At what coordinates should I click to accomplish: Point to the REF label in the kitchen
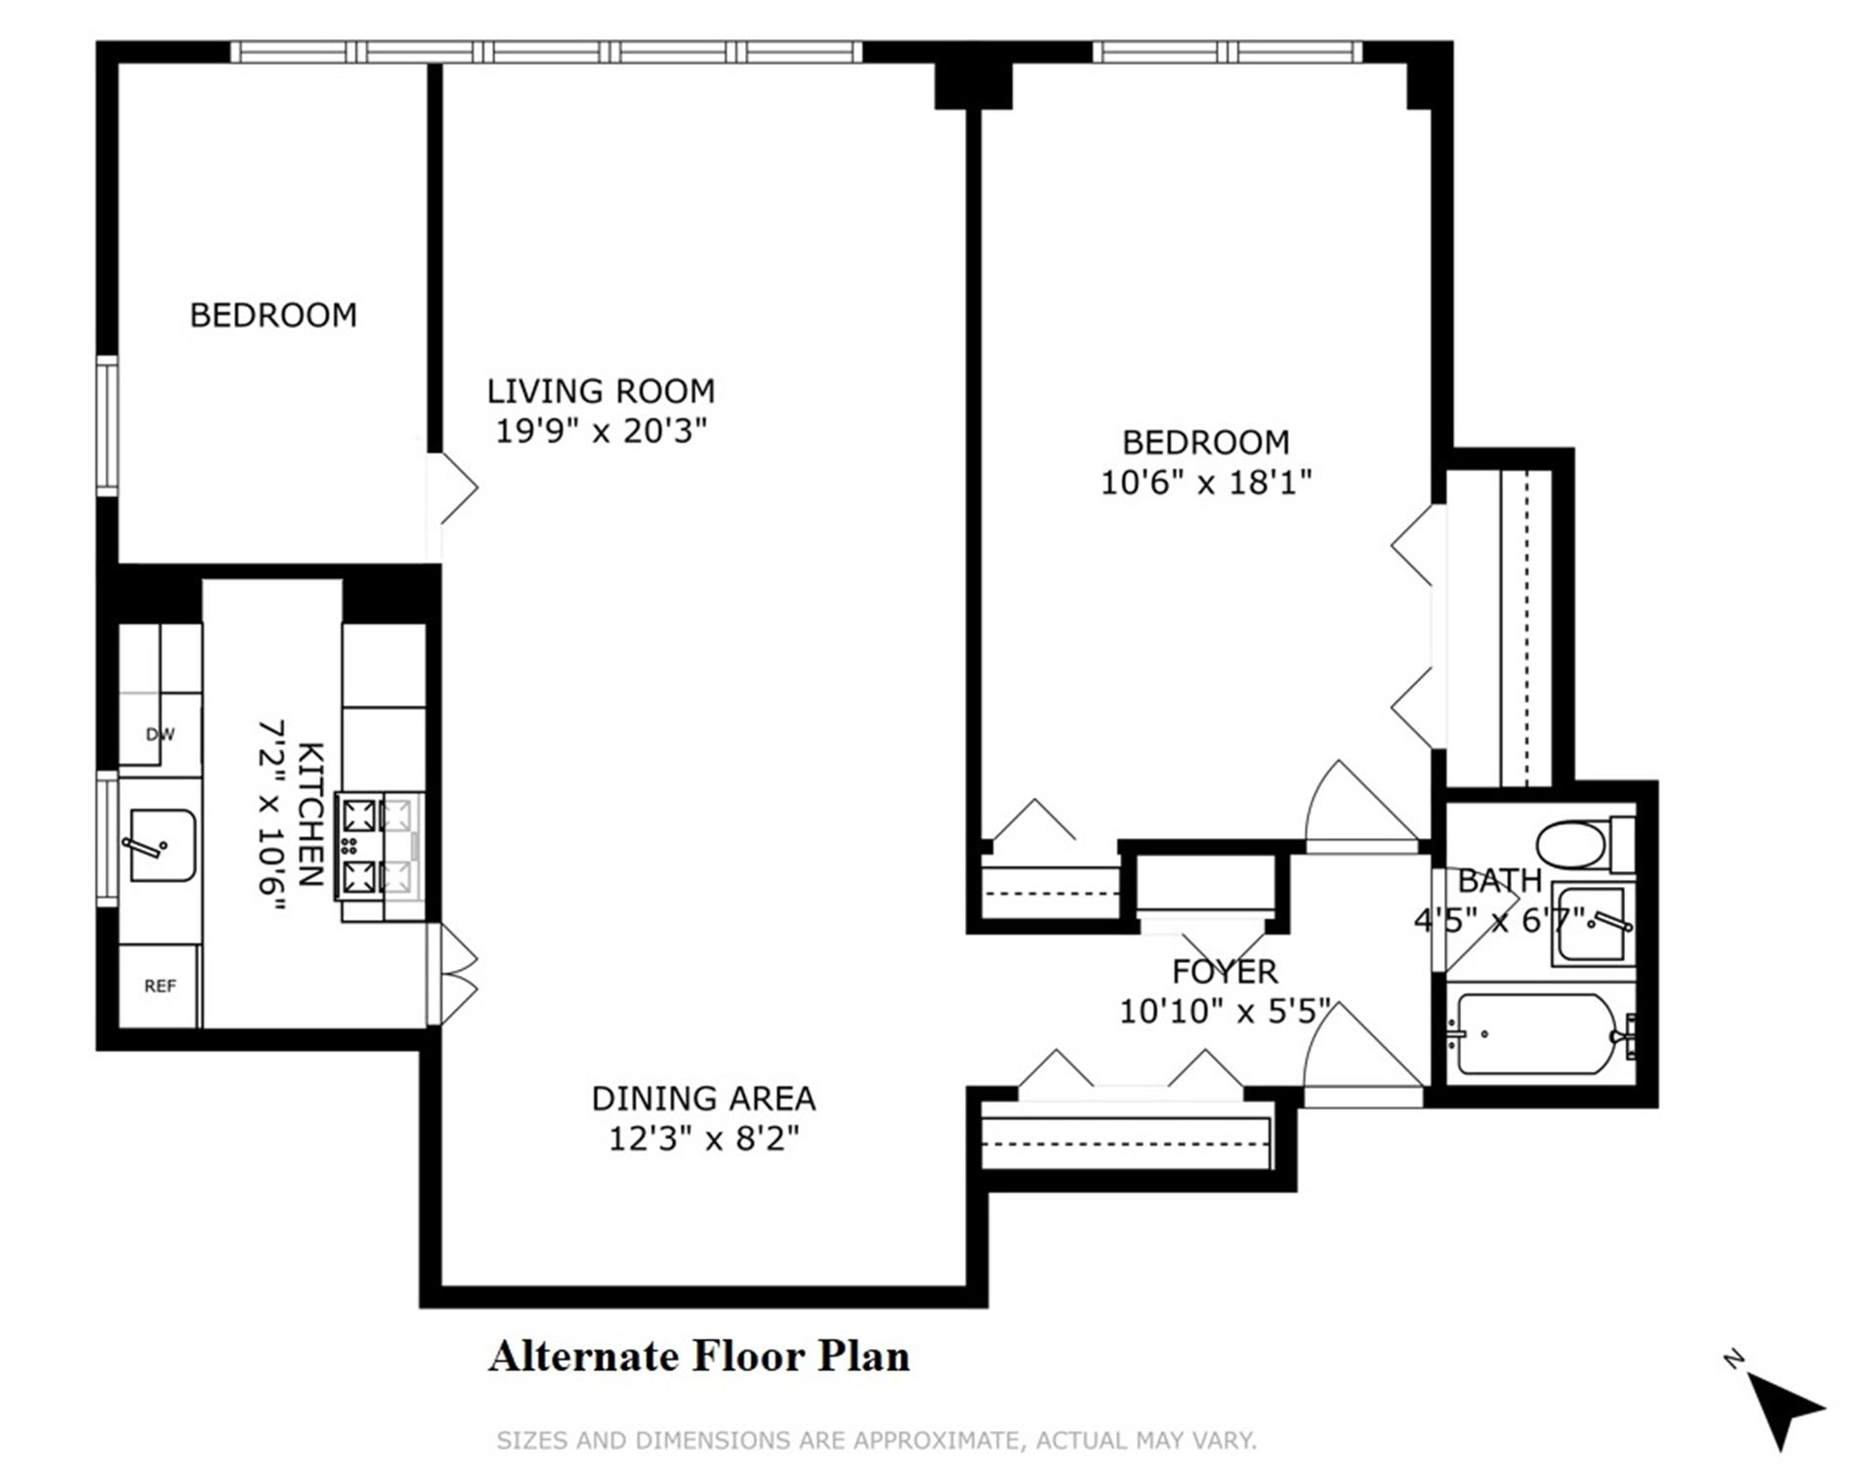click(160, 986)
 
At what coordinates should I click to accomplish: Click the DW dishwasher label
click(159, 734)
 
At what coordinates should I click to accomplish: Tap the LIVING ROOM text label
click(601, 392)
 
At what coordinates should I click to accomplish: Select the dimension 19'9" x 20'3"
click(601, 431)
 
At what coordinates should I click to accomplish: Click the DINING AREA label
click(703, 1099)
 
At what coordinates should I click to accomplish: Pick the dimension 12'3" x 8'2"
click(703, 1139)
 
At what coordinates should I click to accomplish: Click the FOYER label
click(1225, 972)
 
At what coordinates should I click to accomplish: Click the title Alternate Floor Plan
click(699, 1357)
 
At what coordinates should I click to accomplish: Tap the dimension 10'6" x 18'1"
click(1206, 482)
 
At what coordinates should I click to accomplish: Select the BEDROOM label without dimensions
click(273, 315)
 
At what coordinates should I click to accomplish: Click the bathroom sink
click(1592, 924)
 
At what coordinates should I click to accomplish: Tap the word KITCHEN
click(310, 814)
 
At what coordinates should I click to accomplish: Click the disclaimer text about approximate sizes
click(876, 1441)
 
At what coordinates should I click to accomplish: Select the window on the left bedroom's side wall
click(106, 426)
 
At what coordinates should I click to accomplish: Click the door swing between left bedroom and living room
click(453, 487)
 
